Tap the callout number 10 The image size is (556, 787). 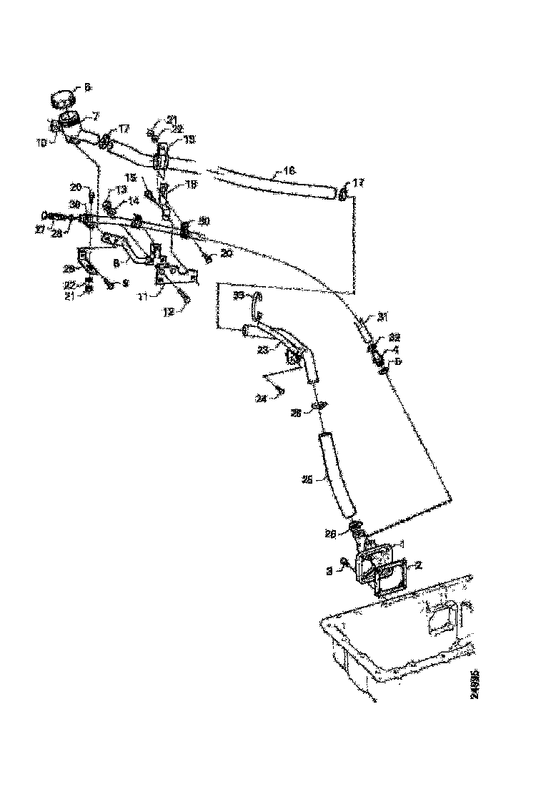(x=42, y=143)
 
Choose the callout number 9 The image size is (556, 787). (x=125, y=283)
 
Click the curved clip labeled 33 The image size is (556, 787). (x=256, y=304)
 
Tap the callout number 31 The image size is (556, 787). (x=382, y=315)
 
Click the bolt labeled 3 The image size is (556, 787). (x=345, y=563)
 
